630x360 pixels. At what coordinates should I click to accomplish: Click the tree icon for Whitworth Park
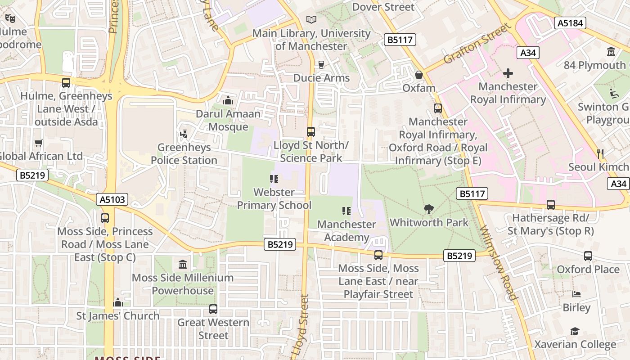tap(429, 209)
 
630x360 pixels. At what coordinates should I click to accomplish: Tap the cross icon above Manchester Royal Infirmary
tap(508, 73)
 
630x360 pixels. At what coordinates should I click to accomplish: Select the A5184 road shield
tap(570, 23)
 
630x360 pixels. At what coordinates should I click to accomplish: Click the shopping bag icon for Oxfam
tap(419, 74)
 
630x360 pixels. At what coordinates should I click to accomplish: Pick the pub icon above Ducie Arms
tap(321, 65)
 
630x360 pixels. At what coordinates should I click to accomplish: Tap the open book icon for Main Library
tap(311, 19)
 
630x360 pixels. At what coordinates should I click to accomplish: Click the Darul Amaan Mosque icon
tap(228, 100)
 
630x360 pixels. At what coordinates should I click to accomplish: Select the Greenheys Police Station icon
tap(184, 134)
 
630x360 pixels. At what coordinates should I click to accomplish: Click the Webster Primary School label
tap(274, 198)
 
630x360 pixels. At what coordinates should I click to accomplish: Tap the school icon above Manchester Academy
tap(346, 211)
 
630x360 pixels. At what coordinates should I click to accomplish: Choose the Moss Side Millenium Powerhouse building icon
tap(183, 264)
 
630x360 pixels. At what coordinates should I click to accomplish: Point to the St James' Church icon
tap(118, 302)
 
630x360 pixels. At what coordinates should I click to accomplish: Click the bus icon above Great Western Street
tap(213, 309)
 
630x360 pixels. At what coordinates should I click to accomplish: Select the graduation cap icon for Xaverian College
tap(575, 332)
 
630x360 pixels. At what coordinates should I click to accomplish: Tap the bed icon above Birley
tap(576, 294)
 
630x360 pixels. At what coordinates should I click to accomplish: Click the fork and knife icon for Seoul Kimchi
tap(600, 153)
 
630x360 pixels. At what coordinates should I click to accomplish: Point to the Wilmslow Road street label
tap(499, 263)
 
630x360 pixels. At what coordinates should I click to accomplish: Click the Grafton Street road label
tap(478, 44)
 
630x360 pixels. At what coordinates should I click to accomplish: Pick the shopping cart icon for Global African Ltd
tap(39, 143)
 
